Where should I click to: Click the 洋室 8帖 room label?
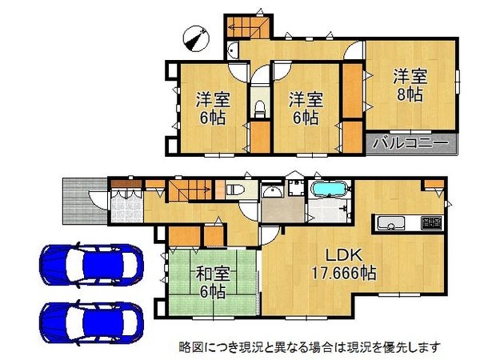coord(409,85)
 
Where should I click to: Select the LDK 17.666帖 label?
coord(345,263)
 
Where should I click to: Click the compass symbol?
coord(194,36)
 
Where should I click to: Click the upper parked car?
coord(90,262)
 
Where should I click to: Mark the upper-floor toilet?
coord(258,108)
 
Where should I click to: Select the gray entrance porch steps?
coord(77,198)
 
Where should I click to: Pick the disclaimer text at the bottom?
coord(309,347)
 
